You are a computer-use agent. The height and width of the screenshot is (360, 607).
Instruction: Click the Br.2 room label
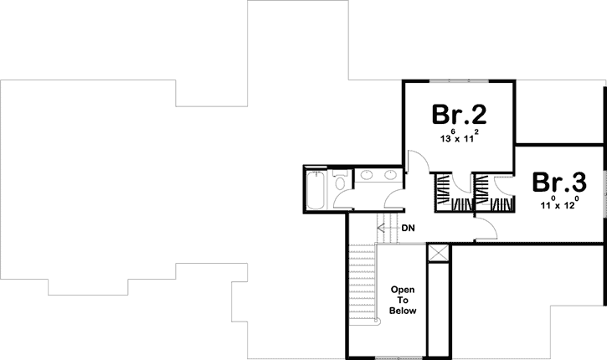coord(459,113)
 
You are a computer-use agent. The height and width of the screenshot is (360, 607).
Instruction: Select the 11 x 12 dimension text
coord(558,203)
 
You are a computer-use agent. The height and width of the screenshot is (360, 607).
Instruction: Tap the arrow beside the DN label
coord(385,227)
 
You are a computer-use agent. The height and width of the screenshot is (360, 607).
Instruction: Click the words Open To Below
coord(403,299)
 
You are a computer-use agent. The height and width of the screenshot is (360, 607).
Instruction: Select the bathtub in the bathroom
coord(316,191)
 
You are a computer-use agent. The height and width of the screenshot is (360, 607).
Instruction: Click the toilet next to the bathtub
coord(339,183)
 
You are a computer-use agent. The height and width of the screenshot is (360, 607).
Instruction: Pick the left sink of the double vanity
coord(368,176)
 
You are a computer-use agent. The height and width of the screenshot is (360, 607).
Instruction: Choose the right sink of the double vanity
coord(390,176)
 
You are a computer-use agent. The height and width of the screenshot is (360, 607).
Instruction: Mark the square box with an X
coord(437,254)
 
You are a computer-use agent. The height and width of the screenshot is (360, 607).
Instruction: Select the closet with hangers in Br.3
coord(485,194)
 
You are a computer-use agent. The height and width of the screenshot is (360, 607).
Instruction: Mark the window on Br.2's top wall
coord(458,80)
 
